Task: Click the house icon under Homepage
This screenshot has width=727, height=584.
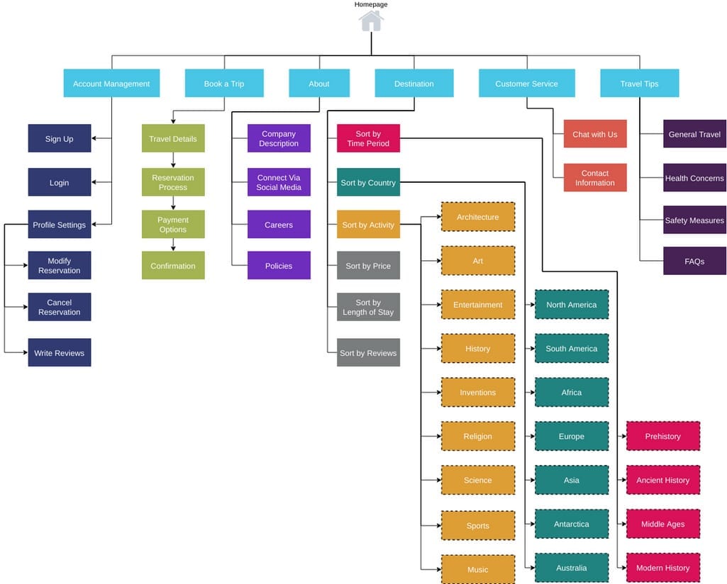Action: [371, 21]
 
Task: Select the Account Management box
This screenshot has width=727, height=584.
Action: [111, 84]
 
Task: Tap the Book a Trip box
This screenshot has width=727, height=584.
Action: [224, 84]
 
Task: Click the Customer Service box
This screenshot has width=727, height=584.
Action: [526, 84]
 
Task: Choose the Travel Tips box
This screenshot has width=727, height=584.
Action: [639, 84]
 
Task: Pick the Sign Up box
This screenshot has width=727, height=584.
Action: [60, 139]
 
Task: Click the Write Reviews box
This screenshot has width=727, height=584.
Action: [60, 353]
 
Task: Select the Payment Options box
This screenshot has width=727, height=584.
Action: [173, 225]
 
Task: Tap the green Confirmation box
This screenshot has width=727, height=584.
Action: [173, 266]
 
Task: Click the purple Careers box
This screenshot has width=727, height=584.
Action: [279, 225]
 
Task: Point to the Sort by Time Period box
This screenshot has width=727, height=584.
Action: [368, 139]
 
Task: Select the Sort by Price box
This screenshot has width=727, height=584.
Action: [368, 266]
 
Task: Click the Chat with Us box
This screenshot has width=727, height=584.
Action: [595, 134]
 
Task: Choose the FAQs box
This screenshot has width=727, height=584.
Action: [694, 262]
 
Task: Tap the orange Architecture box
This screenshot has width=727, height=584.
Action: [478, 217]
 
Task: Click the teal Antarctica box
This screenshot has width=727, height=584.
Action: [572, 524]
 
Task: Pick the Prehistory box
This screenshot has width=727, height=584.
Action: [663, 437]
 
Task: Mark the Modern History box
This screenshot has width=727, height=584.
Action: [663, 568]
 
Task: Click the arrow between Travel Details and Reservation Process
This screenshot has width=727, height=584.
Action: [173, 160]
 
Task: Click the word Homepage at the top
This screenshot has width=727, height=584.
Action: [371, 4]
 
